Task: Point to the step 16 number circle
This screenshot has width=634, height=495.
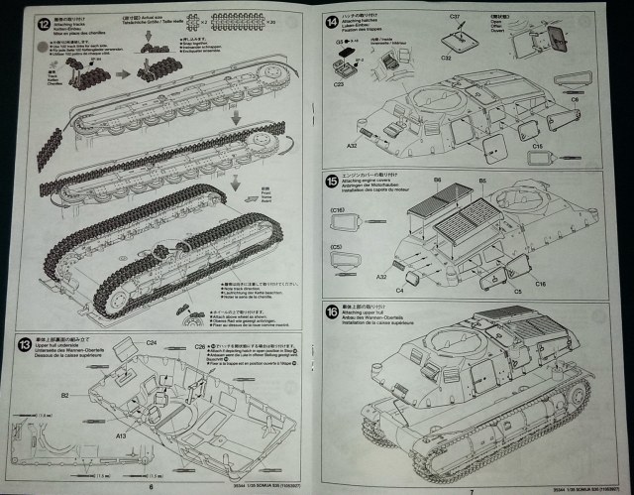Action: pos(331,310)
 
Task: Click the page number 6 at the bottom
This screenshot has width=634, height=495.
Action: pos(151,486)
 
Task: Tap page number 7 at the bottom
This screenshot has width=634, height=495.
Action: pos(473,486)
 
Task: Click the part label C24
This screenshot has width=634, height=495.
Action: pos(152,343)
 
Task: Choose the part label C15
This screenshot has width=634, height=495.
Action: pos(539,145)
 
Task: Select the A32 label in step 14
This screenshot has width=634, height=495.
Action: pos(352,145)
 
